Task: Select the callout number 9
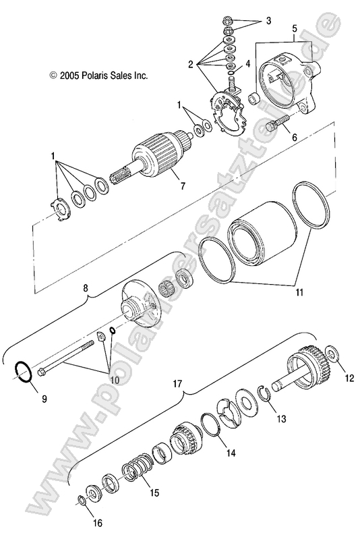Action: (44, 399)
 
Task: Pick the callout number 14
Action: (231, 453)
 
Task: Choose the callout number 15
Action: (154, 493)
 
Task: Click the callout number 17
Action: (178, 384)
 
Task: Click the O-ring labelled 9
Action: (24, 371)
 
